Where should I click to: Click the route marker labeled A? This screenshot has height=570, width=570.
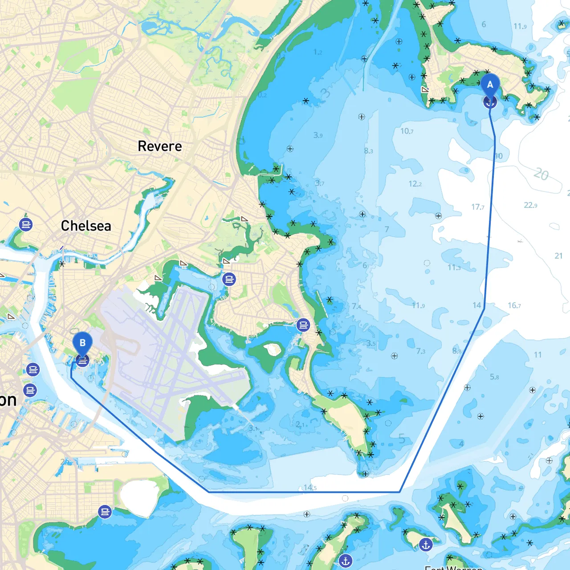[x=490, y=85]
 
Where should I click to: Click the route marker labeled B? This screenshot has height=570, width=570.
[x=82, y=343]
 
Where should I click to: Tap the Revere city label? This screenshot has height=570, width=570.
[x=160, y=146]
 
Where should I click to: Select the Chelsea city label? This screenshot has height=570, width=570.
[x=86, y=226]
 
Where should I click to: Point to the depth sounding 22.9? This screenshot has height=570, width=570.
[x=530, y=205]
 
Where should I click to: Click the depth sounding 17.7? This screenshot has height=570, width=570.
[x=477, y=207]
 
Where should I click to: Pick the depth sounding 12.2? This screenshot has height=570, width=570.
[x=415, y=183]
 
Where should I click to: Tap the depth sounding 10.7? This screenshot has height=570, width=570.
[x=407, y=131]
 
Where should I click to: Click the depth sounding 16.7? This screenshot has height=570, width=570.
[x=514, y=305]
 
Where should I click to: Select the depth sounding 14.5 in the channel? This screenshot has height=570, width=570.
[x=310, y=488]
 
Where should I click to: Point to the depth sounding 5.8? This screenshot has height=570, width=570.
[x=494, y=377]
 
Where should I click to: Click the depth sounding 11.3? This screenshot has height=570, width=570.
[x=454, y=268]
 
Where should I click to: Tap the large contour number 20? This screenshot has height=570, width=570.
[x=541, y=174]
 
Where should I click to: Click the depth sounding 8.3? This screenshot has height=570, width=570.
[x=368, y=151]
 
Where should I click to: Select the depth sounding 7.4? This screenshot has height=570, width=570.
[x=356, y=306]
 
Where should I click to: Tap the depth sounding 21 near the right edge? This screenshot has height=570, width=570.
[x=558, y=256]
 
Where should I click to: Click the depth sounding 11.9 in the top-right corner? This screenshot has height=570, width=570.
[x=520, y=26]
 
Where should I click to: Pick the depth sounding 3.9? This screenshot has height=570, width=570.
[x=318, y=135]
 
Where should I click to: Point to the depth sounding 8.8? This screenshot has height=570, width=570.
[x=457, y=351]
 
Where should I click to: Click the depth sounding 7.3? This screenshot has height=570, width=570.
[x=421, y=351]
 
